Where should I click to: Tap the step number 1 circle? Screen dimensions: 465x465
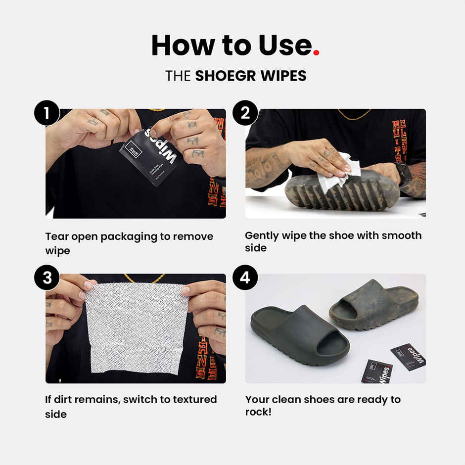click(47, 114)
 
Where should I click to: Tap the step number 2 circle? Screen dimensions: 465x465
click(245, 114)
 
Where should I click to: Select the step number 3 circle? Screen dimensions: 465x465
click(47, 278)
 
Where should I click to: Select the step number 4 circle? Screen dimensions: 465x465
click(245, 278)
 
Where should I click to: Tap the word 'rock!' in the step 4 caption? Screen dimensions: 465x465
click(258, 412)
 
